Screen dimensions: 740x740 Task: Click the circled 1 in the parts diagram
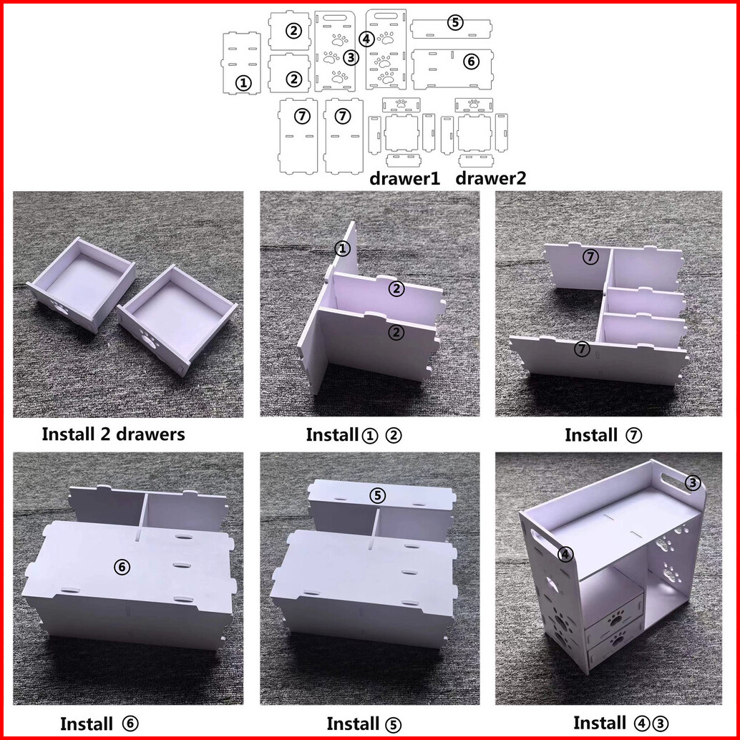coord(243,84)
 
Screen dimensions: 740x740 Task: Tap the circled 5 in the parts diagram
coord(455,22)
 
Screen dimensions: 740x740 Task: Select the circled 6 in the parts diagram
coord(471,62)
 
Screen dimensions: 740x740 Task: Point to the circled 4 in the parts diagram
coord(366,39)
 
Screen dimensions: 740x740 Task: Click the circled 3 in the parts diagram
coord(351,57)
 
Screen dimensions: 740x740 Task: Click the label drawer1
coord(404,178)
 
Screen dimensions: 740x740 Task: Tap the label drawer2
coord(490,178)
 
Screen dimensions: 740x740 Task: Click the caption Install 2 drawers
coord(113,434)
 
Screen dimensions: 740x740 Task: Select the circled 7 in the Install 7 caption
coord(633,435)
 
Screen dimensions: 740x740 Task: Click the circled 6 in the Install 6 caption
coord(130,724)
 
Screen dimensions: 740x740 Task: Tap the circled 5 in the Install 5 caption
coord(393,724)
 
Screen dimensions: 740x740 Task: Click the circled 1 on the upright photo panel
coord(343,248)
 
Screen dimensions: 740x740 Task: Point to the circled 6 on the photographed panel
coord(122,567)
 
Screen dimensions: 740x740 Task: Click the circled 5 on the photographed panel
coord(378,495)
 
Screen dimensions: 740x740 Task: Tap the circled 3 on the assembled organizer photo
coord(692,483)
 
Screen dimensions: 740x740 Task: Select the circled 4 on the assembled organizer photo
coord(565,555)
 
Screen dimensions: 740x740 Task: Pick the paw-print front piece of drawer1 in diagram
coord(401,104)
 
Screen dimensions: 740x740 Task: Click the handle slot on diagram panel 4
coord(386,16)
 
